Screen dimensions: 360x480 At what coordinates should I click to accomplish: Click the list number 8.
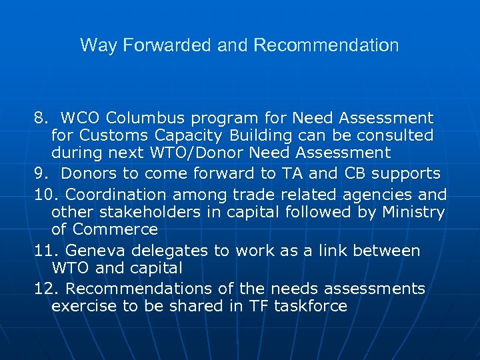click(41, 119)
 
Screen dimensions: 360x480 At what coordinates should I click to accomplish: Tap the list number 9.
click(41, 174)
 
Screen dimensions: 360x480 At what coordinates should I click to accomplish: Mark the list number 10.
click(45, 195)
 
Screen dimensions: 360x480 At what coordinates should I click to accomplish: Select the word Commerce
click(114, 229)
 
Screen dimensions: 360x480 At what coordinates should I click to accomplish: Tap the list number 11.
click(45, 251)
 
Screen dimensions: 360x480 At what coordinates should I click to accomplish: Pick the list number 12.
click(45, 289)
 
